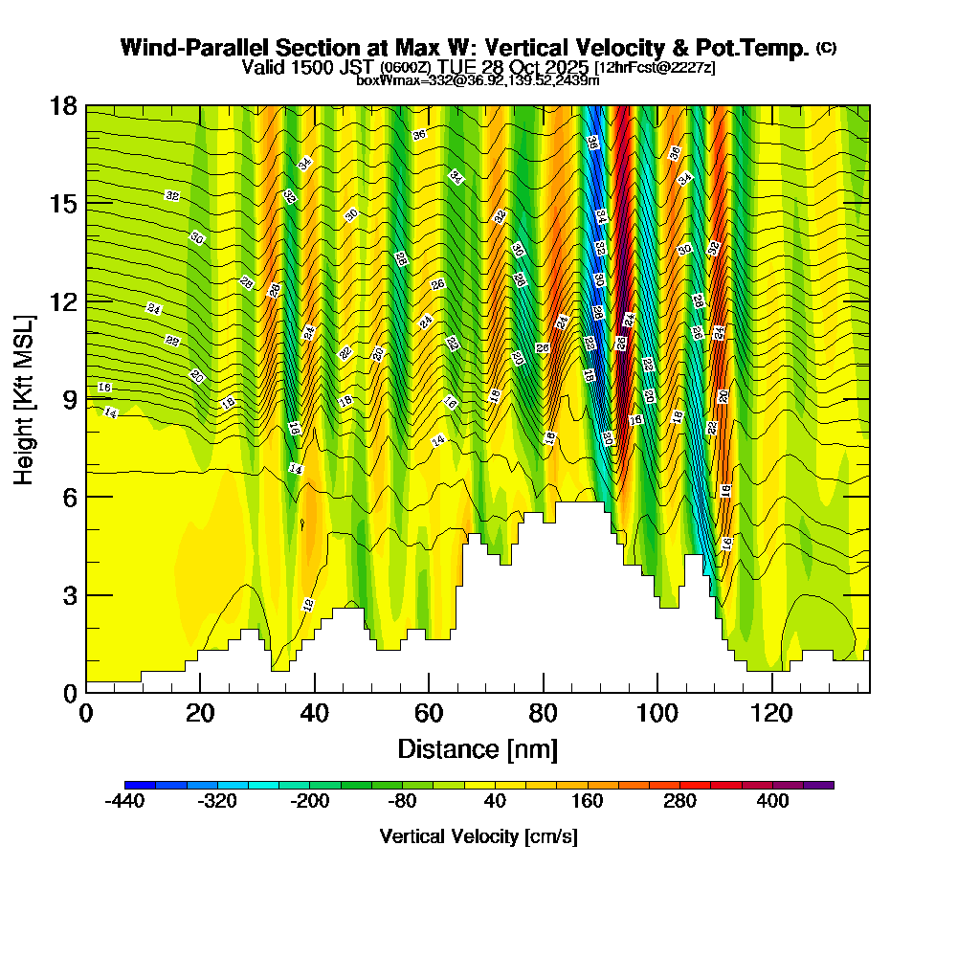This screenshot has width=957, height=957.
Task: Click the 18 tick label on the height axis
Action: (63, 106)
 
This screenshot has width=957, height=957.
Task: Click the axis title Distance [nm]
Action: (478, 747)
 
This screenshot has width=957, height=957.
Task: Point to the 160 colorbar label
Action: (588, 802)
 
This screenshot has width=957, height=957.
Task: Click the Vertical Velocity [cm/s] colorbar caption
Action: (478, 836)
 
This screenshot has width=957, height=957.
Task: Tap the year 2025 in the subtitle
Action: (566, 67)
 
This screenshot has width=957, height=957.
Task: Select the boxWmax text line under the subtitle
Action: (478, 80)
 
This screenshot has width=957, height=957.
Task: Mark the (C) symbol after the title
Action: (826, 48)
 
